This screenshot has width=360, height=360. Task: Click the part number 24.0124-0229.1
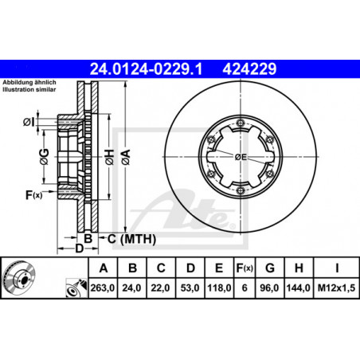click(x=146, y=69)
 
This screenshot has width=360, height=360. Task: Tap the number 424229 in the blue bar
click(x=249, y=69)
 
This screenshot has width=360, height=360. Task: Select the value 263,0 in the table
click(x=103, y=288)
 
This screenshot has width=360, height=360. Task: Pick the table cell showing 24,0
click(x=131, y=288)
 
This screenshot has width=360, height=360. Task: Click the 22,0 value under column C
click(x=161, y=288)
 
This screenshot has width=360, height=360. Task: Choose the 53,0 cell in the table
click(x=190, y=288)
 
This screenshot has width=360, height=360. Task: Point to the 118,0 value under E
click(x=219, y=288)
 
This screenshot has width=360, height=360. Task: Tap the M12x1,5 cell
click(x=336, y=288)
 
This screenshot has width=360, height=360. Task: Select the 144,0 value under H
click(x=299, y=288)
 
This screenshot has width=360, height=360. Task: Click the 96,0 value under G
click(x=269, y=288)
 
